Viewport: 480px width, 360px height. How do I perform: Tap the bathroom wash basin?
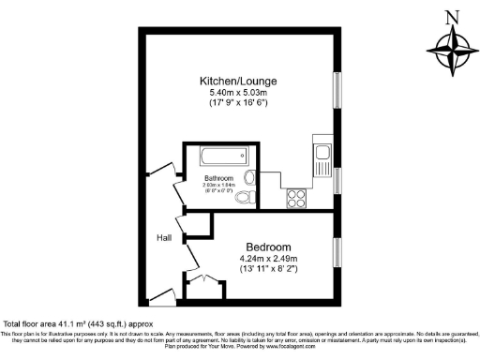pos(249,177)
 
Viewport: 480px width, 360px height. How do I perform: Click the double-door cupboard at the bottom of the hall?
pos(205,285)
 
